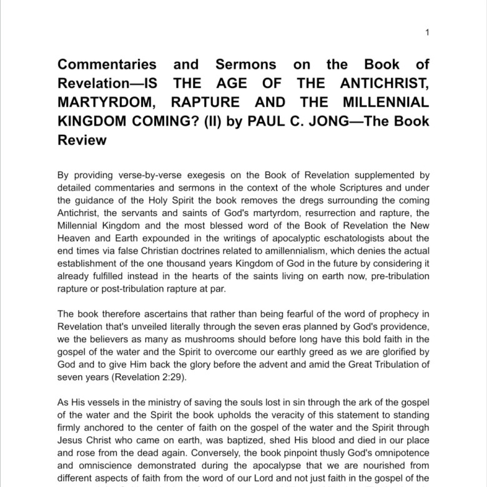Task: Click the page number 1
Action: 427,32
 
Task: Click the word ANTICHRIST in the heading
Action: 383,84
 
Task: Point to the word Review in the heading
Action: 82,140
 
